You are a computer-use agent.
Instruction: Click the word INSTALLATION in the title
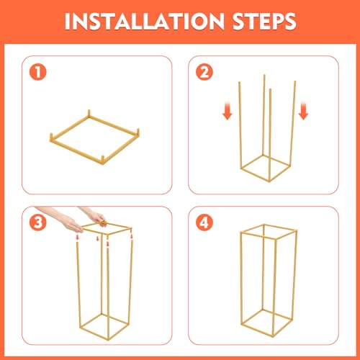145,21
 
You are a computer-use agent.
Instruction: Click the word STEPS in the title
264,21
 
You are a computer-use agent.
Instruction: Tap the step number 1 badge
38,72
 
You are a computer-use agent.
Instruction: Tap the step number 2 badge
204,72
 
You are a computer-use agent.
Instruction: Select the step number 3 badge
38,222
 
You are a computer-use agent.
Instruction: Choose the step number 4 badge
204,222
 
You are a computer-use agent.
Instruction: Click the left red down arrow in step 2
228,111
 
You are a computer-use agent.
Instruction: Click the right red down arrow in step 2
303,111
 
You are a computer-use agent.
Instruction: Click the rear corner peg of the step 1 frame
89,114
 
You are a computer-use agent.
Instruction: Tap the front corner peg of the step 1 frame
103,160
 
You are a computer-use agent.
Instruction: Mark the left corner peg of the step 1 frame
51,138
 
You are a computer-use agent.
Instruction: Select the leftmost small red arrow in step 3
77,238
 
